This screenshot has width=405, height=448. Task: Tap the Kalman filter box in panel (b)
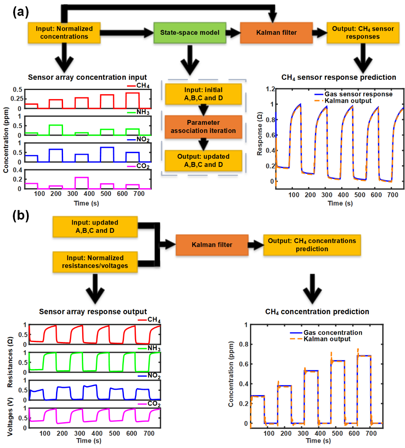click(212, 245)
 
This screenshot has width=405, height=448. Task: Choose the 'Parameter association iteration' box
click(203, 126)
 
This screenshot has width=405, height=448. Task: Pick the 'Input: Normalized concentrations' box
click(64, 33)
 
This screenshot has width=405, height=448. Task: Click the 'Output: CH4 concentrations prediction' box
click(312, 245)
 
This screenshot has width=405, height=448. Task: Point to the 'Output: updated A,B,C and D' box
click(203, 160)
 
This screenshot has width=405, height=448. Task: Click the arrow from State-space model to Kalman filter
click(233, 33)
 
